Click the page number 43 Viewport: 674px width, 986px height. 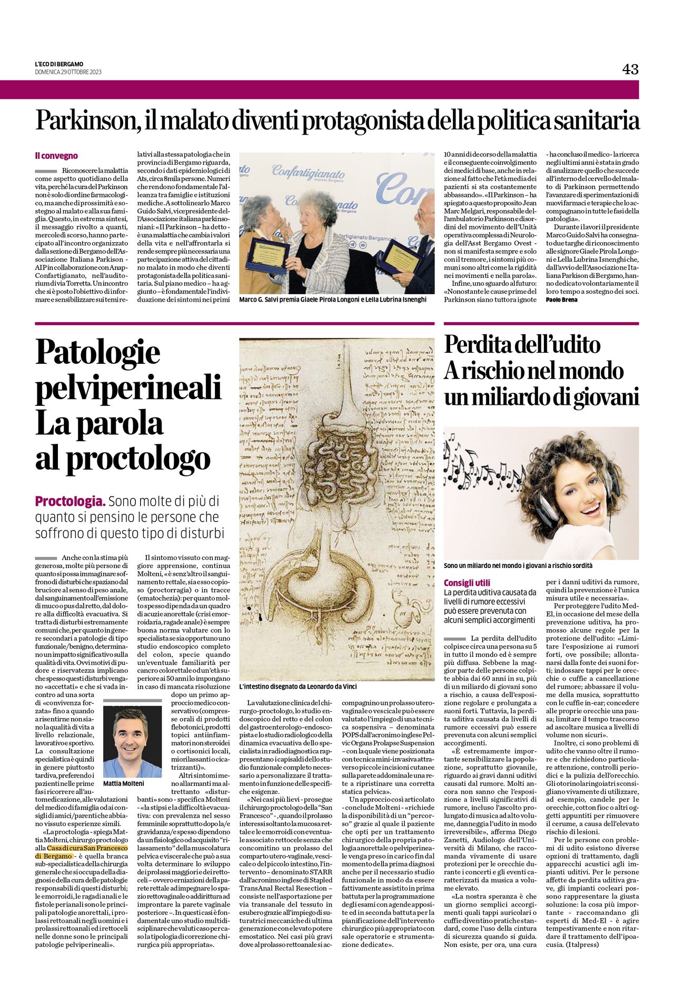pos(630,69)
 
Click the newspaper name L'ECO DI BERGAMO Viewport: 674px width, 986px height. pos(59,64)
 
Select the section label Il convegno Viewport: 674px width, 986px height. pos(56,156)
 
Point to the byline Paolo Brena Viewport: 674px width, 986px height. pos(561,300)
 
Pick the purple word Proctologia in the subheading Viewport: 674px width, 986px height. pos(70,501)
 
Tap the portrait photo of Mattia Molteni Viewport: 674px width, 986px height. pos(132,742)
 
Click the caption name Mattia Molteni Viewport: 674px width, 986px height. pos(123,783)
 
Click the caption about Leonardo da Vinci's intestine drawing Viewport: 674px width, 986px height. pos(298,686)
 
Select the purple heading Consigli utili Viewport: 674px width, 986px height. pos(467,583)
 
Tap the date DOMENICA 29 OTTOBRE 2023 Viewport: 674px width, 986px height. pos(68,72)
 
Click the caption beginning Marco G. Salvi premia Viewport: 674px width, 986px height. pos(333,300)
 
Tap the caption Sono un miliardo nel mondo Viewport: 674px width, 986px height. pos(518,565)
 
